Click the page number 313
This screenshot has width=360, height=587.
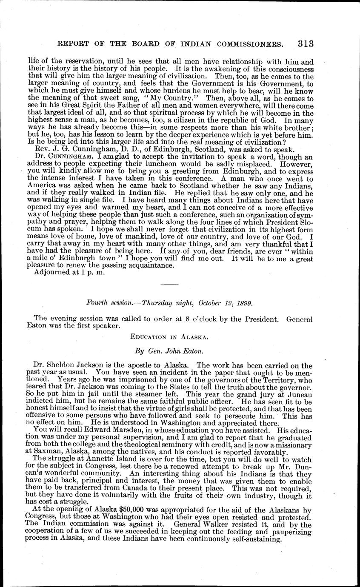(306, 43)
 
